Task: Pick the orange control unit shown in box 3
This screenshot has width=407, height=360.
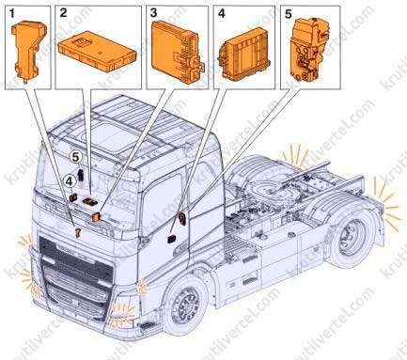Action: point(176,51)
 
